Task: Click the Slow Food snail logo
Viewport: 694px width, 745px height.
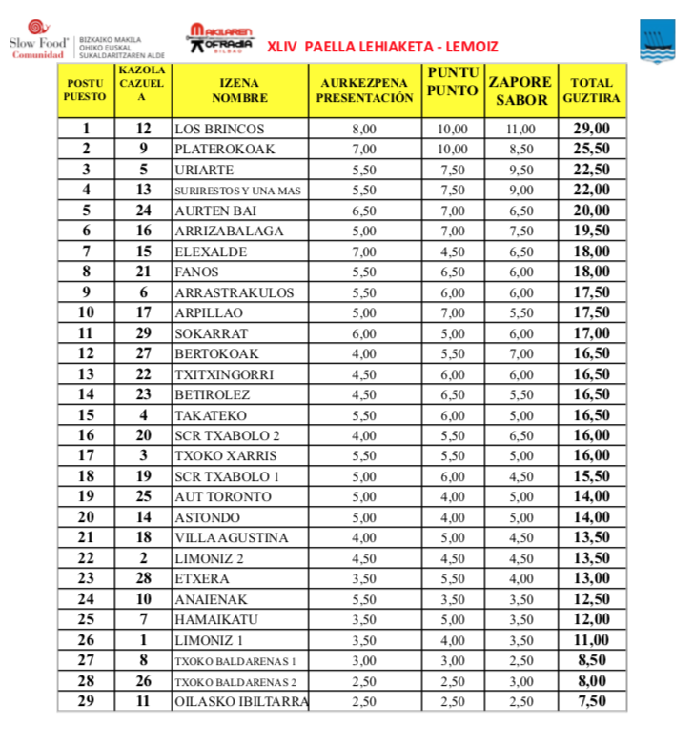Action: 37,29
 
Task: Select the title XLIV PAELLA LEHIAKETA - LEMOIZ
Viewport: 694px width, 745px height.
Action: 382,46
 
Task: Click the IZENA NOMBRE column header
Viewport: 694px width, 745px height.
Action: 239,91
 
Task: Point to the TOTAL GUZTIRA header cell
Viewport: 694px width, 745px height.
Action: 591,91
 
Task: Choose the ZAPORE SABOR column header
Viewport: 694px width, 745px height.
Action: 520,91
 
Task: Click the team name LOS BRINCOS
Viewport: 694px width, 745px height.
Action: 219,130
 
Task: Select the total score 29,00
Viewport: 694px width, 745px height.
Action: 591,130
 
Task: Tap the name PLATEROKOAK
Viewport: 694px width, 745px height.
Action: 223,150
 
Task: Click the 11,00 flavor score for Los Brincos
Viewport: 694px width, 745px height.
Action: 520,130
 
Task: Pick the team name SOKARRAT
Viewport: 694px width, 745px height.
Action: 212,333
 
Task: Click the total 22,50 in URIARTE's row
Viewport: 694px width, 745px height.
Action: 591,170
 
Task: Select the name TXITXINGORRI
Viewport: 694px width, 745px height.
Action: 224,374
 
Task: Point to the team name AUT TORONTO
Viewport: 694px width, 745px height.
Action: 223,497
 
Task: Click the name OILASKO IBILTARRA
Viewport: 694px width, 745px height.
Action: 241,702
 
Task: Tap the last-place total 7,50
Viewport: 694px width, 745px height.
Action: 591,702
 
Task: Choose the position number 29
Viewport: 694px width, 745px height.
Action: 87,702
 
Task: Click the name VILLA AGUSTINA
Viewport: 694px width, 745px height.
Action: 231,538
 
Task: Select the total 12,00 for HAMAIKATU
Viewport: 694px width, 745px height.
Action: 591,620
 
